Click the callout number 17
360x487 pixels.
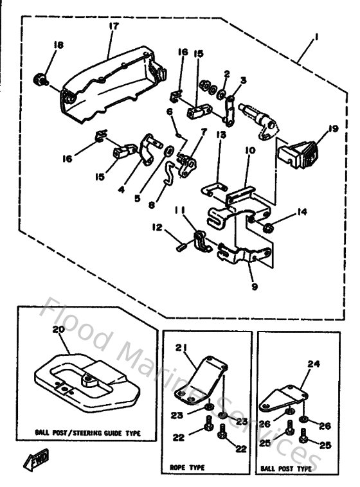pos(114,26)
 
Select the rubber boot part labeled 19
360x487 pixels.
pos(299,153)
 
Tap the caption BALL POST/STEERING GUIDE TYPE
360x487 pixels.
pos(87,433)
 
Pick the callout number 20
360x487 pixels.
pos(57,328)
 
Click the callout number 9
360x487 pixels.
pos(254,287)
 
